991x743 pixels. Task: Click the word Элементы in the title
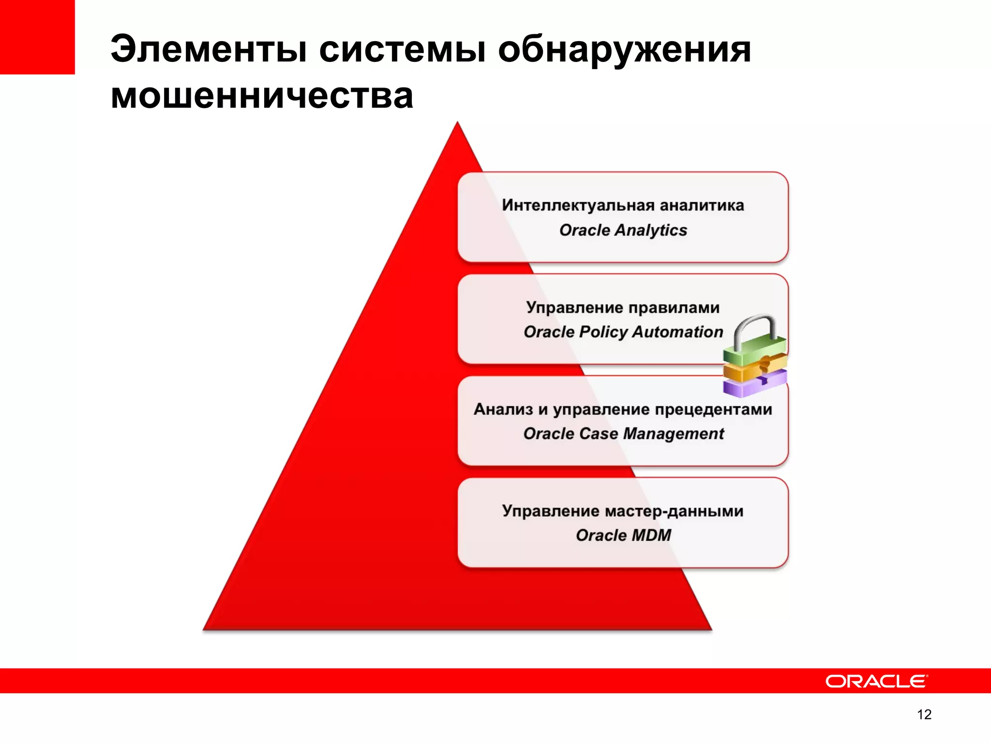point(209,49)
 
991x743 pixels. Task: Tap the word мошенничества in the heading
point(262,96)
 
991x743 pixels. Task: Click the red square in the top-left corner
point(37,37)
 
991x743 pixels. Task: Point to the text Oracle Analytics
point(623,230)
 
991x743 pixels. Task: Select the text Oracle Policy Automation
point(623,332)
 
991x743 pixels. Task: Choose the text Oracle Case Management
point(623,433)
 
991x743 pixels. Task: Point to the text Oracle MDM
point(623,535)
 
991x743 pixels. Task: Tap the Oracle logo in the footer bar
point(876,681)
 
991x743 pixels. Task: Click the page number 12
point(924,714)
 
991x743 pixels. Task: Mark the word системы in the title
point(402,49)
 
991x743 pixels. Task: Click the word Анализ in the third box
point(503,409)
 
